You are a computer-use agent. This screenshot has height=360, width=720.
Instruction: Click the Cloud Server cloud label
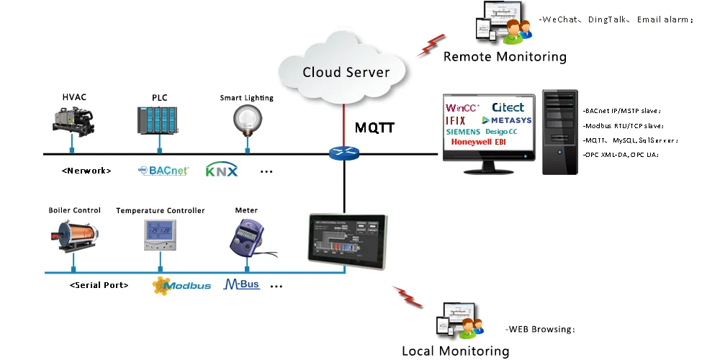346,72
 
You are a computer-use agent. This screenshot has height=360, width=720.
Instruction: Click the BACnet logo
163,171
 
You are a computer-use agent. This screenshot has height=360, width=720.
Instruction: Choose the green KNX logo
221,171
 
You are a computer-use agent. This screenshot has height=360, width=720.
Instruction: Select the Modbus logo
181,285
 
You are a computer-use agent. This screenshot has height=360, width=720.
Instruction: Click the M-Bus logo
242,284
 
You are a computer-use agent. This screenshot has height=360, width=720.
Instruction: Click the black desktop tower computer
559,132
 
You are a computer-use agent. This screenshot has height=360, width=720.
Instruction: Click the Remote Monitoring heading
505,57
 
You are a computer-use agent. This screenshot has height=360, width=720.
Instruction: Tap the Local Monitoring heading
455,351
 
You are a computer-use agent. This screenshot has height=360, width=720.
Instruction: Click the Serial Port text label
99,285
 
